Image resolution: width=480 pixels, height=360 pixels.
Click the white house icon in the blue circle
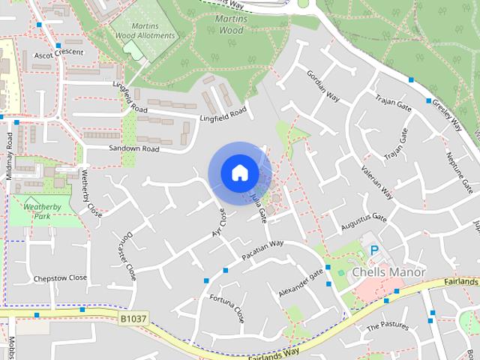239,173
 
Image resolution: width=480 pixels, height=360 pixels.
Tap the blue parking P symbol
374,250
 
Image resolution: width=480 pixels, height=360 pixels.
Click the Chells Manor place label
388,271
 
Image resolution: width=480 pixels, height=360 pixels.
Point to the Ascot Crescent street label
53,55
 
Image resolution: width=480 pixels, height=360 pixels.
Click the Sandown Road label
134,148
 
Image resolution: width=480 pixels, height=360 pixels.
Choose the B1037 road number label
132,319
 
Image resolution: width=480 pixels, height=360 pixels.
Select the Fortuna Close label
227,303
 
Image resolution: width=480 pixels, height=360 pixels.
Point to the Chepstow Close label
60,277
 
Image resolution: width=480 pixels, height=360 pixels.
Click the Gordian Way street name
323,89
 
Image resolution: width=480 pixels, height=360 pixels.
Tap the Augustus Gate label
364,221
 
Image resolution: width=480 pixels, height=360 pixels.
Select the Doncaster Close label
127,251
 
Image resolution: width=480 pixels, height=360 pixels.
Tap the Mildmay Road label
10,154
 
